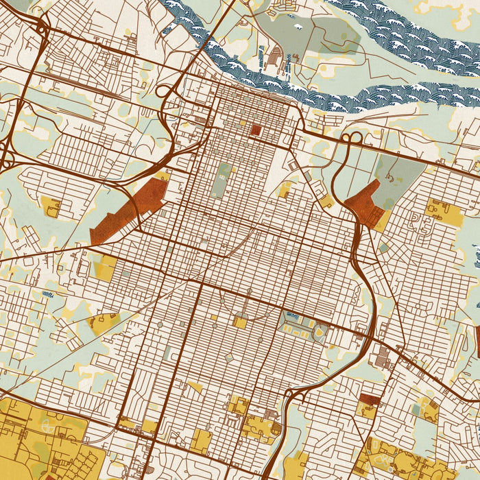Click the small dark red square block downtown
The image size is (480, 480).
256,130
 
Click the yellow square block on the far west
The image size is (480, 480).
51,206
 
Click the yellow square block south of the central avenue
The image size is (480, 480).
240,321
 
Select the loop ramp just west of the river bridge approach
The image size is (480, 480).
167,91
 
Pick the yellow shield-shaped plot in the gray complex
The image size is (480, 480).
319,333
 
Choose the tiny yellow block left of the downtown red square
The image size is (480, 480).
242,123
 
